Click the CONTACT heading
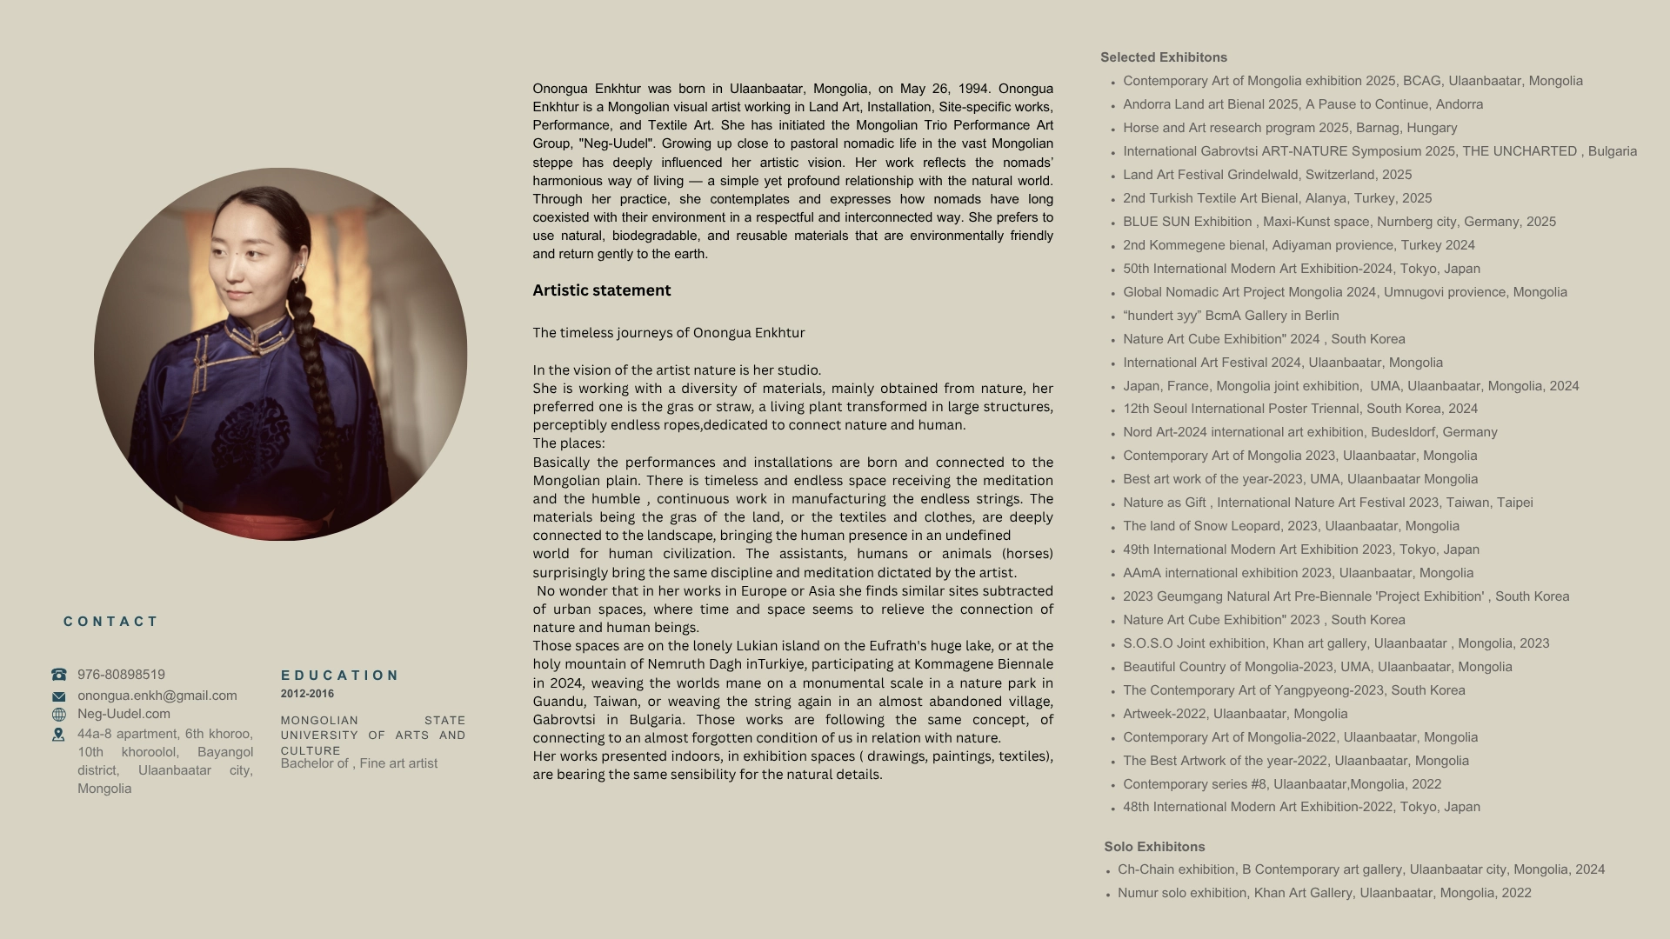(x=110, y=622)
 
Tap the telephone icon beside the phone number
(x=59, y=675)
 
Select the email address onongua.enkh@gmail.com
(x=157, y=696)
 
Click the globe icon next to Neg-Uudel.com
(x=59, y=715)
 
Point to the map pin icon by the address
(x=59, y=735)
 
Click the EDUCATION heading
(x=339, y=676)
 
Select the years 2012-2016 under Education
(x=307, y=694)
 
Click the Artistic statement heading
(x=601, y=290)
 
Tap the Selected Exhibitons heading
(x=1163, y=57)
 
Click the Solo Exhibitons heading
(x=1154, y=847)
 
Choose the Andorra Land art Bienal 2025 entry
(x=1302, y=104)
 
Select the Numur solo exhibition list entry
(x=1324, y=893)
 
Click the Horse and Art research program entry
(x=1289, y=128)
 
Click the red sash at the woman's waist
(x=270, y=523)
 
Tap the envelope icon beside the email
(x=59, y=696)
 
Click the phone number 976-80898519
(x=121, y=675)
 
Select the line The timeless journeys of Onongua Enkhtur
(x=668, y=333)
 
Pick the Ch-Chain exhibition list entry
(x=1360, y=869)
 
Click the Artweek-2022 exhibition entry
(x=1234, y=714)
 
